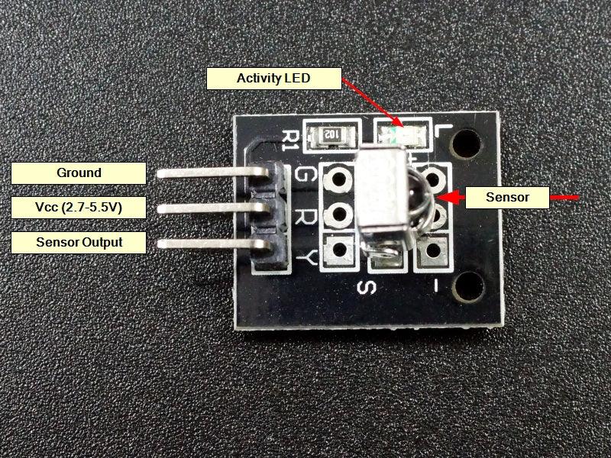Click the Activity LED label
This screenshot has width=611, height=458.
click(275, 78)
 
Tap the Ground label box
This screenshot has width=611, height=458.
click(79, 173)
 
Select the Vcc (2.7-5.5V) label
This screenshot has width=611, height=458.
click(79, 208)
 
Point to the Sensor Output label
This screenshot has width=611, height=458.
click(79, 243)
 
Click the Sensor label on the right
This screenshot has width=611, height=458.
click(507, 198)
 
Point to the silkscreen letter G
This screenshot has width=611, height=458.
click(303, 175)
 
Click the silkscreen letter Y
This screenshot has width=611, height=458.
click(305, 257)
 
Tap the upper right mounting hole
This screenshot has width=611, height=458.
click(467, 143)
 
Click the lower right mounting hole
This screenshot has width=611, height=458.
click(469, 285)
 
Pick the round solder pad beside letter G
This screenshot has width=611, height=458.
click(337, 180)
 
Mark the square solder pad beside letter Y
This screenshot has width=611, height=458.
click(337, 248)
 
